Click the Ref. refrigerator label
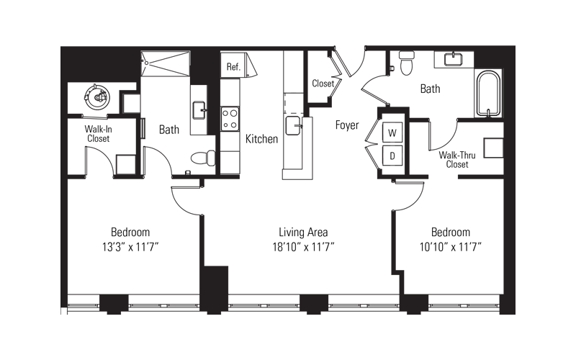(x=233, y=67)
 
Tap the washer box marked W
(x=392, y=132)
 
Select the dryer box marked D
(x=392, y=156)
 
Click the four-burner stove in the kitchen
(x=230, y=119)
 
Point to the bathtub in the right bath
(x=488, y=94)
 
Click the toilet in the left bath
(x=203, y=158)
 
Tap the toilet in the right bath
(x=407, y=63)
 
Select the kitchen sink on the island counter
(x=294, y=125)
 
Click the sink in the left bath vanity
(x=199, y=110)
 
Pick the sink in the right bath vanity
(x=454, y=59)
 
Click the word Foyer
(x=347, y=125)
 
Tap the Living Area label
(x=303, y=232)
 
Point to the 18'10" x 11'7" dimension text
(x=303, y=247)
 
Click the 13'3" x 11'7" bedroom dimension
(x=130, y=247)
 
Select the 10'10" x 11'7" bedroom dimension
(x=451, y=247)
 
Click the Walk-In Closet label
(x=98, y=134)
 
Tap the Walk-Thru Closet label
(x=457, y=159)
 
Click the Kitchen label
(x=261, y=139)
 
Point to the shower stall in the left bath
(x=166, y=63)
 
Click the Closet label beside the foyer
(x=323, y=84)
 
